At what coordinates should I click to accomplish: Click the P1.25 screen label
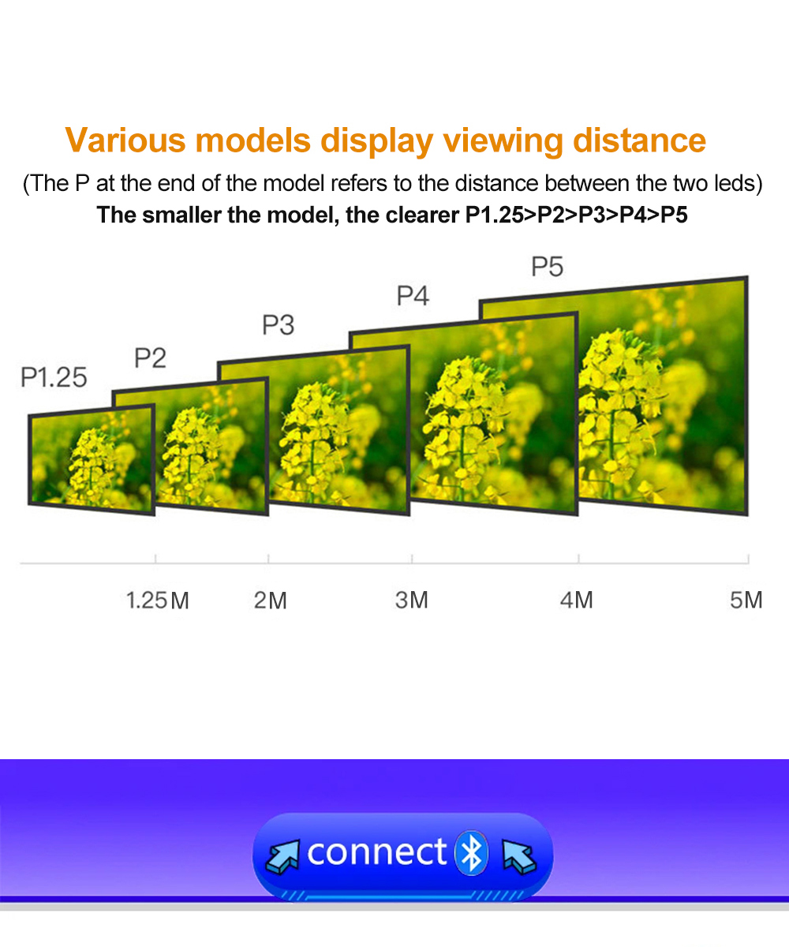coord(54,377)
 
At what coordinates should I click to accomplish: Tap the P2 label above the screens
coord(151,357)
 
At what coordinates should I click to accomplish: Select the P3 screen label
coord(279,324)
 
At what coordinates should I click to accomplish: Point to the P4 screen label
coord(413,296)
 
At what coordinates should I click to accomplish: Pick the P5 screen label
coord(548,266)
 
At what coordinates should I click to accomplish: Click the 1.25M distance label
coord(157,601)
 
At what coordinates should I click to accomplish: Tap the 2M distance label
coord(271,601)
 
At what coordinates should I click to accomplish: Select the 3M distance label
coord(411,600)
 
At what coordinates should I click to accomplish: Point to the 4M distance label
coord(576,600)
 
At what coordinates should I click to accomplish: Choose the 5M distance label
coord(746,600)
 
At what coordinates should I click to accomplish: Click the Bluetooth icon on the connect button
coord(472,853)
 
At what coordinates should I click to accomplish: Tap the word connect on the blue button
coord(377,852)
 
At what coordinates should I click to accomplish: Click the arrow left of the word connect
coord(282,856)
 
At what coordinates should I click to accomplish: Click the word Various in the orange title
coord(125,140)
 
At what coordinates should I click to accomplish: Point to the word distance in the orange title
coord(639,140)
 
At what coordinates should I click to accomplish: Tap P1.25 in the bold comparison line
coord(495,215)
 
